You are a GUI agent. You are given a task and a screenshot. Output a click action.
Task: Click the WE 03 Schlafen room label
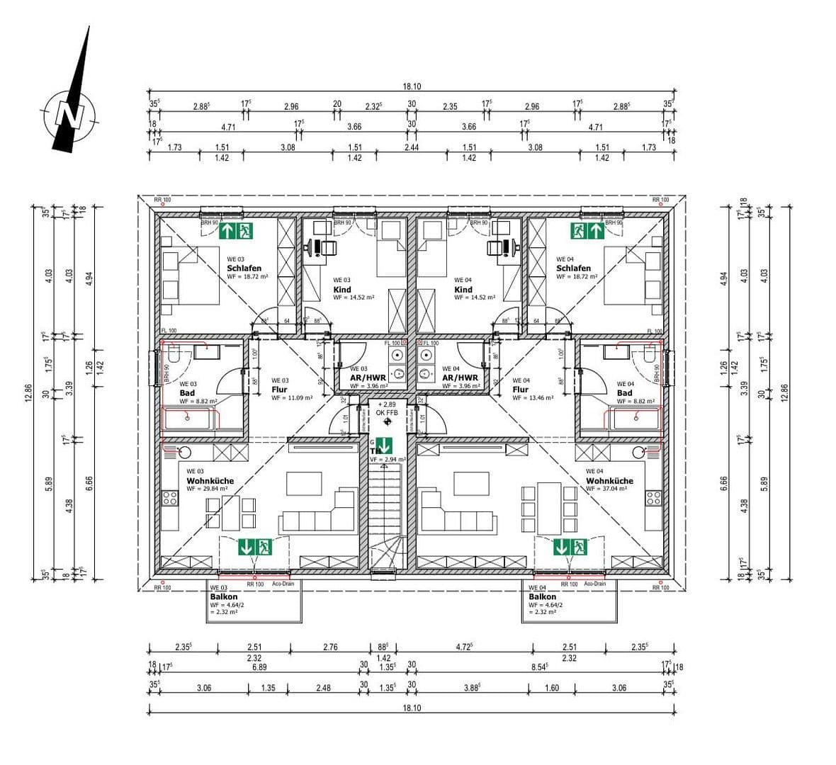pos(244,268)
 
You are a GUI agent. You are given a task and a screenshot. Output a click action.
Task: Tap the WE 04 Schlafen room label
pos(573,268)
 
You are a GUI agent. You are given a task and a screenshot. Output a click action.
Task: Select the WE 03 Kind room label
pos(342,290)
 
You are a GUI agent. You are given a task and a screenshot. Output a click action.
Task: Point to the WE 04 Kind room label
pos(463,290)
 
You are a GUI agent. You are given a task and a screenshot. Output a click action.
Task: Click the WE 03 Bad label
pos(187,393)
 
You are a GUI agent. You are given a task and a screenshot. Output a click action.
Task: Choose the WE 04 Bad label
pos(624,393)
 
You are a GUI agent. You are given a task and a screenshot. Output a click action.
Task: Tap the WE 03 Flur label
pos(279,390)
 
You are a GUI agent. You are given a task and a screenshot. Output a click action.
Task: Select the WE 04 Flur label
pos(520,390)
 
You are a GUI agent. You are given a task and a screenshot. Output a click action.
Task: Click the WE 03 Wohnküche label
pos(210,481)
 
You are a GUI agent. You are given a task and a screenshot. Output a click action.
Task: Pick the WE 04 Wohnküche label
pos(609,481)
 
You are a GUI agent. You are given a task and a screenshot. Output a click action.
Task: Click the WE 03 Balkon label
pos(224,597)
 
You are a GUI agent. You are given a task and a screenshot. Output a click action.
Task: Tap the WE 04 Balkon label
pos(542,597)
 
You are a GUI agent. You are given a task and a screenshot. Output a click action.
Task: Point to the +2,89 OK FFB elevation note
pos(387,407)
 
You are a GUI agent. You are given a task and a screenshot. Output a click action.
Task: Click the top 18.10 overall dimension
pos(412,86)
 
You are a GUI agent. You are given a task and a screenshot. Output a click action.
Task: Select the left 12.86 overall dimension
pos(28,393)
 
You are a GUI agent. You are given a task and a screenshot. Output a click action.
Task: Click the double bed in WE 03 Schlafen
pos(190,276)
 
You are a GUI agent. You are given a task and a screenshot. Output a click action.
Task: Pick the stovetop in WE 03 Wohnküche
pos(169,497)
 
